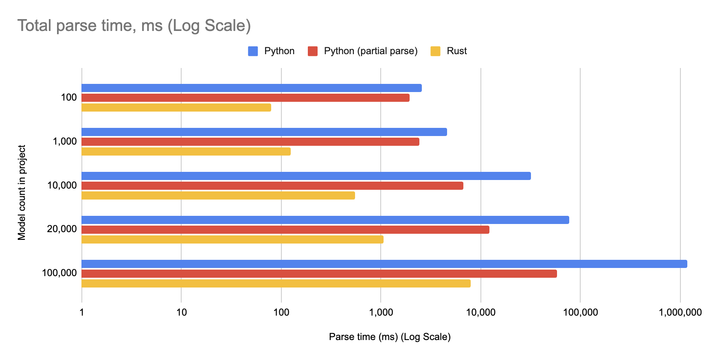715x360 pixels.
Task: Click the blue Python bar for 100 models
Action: pyautogui.click(x=252, y=88)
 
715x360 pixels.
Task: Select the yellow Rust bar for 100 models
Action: pyautogui.click(x=176, y=108)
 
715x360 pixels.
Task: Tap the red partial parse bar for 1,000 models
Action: pyautogui.click(x=250, y=142)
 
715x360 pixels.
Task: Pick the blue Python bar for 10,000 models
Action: pyautogui.click(x=306, y=176)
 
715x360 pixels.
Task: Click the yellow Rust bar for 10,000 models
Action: pyautogui.click(x=218, y=195)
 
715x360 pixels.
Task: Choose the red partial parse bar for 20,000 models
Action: pyautogui.click(x=285, y=230)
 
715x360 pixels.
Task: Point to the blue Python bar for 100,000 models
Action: pyautogui.click(x=384, y=264)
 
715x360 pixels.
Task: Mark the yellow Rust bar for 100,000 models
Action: pyautogui.click(x=276, y=283)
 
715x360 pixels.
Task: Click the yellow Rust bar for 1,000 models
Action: pyautogui.click(x=186, y=151)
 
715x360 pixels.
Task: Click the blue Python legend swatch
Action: pyautogui.click(x=253, y=51)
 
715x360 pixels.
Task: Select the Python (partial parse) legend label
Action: pyautogui.click(x=371, y=51)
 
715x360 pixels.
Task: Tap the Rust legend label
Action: pyautogui.click(x=456, y=51)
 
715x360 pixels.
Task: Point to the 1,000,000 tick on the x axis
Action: pyautogui.click(x=680, y=313)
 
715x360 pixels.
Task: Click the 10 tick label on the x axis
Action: pyautogui.click(x=182, y=313)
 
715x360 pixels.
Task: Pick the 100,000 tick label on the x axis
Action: pyautogui.click(x=580, y=313)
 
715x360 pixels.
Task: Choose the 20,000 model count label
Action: pyautogui.click(x=62, y=229)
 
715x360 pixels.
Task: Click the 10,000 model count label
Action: pyautogui.click(x=62, y=185)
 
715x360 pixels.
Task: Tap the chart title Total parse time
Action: pyautogui.click(x=134, y=26)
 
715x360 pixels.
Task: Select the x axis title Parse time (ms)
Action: pyautogui.click(x=390, y=337)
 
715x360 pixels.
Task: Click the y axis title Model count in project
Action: pyautogui.click(x=22, y=193)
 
